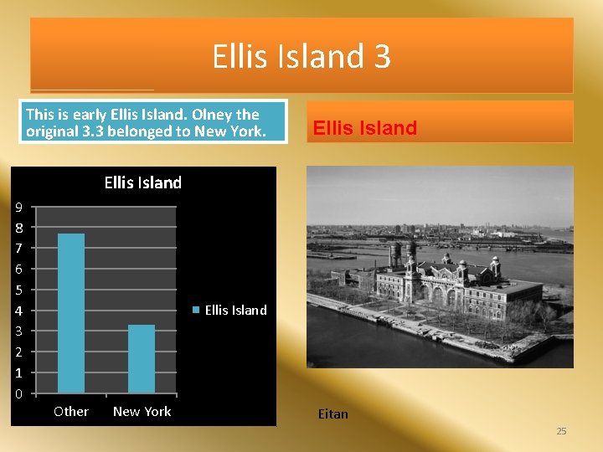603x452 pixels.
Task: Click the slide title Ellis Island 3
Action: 301,57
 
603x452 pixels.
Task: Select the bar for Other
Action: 71,313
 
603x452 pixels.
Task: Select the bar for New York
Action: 142,359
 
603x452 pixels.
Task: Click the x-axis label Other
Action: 71,411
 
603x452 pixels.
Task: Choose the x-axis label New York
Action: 142,411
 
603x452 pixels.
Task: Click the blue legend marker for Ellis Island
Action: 197,310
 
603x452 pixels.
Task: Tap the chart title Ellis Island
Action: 142,182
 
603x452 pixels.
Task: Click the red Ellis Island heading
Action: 364,128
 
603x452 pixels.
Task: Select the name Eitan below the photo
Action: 332,413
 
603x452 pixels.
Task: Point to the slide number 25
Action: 561,431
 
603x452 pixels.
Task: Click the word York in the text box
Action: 245,131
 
